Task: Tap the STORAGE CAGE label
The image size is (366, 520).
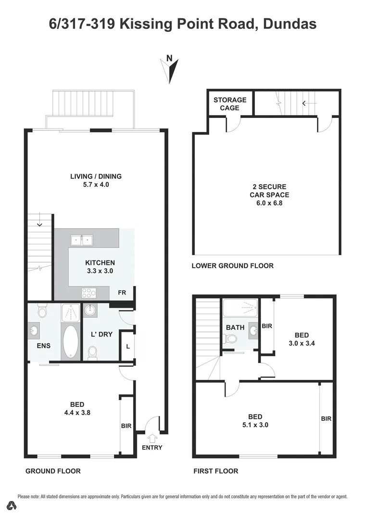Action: click(x=229, y=104)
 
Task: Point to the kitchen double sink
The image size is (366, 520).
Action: click(x=82, y=240)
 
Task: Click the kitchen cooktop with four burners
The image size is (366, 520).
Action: click(x=89, y=292)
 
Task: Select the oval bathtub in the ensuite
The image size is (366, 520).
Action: click(x=71, y=342)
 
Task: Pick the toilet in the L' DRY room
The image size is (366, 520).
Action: click(x=93, y=353)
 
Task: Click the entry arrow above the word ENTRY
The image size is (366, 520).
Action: click(x=152, y=438)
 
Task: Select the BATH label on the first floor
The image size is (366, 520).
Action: click(x=236, y=327)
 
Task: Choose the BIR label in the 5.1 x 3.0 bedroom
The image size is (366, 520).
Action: click(x=326, y=419)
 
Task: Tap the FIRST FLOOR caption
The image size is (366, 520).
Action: click(x=215, y=471)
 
